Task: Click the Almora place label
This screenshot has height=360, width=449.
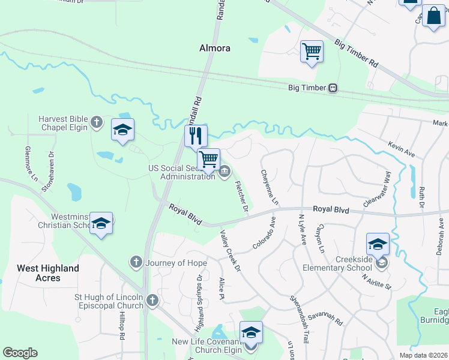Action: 215,48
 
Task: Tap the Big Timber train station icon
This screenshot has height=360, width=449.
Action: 332,88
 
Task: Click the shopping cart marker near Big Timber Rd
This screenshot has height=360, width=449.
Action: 312,51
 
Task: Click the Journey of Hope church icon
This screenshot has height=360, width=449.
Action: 136,262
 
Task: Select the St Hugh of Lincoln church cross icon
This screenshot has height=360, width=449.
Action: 152,301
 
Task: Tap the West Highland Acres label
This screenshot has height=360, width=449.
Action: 47,273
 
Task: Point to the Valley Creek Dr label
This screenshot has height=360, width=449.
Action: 230,250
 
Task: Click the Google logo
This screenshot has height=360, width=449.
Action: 20,353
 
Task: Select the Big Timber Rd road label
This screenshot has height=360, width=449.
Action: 357,54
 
